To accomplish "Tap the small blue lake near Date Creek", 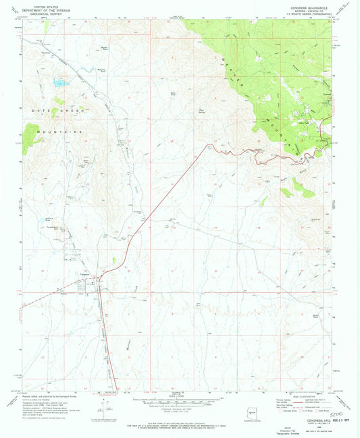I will (60, 84).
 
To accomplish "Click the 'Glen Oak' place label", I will (305, 122).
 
